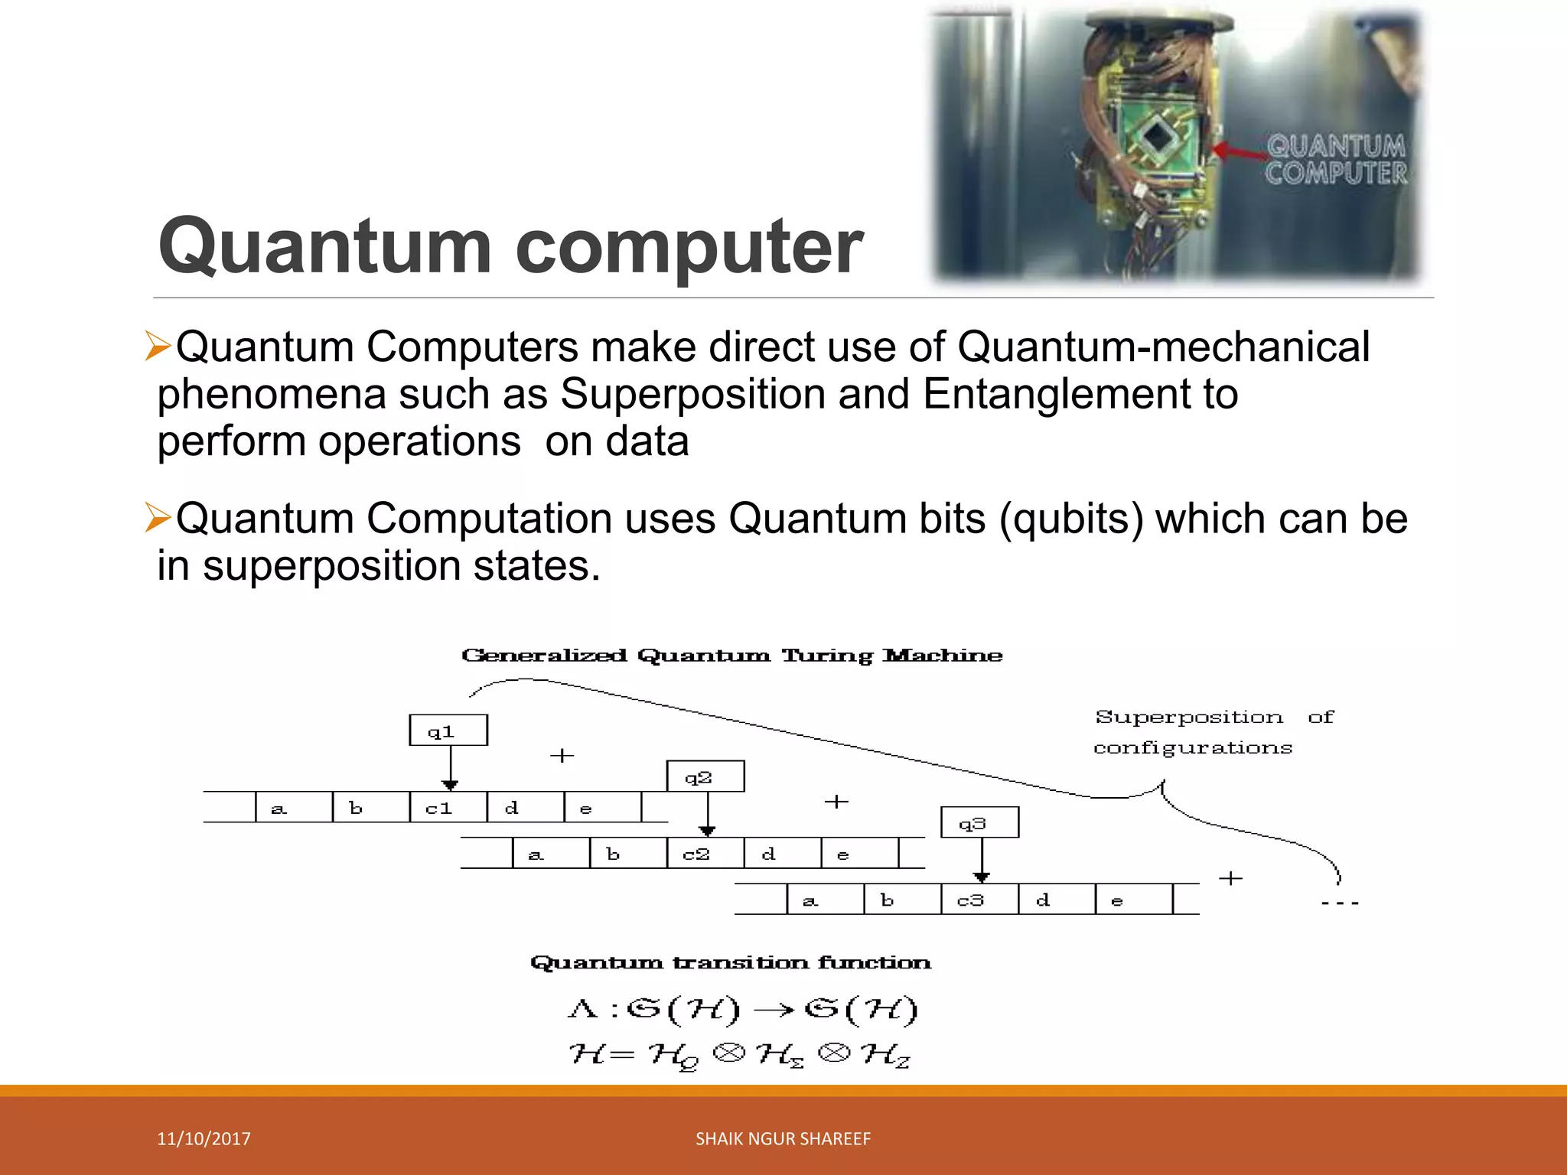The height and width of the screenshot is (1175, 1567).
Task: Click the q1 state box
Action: coord(448,731)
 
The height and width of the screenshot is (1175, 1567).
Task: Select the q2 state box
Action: coord(705,776)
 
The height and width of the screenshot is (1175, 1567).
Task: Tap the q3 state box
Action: coord(979,823)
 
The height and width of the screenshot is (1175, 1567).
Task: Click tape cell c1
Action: coord(448,808)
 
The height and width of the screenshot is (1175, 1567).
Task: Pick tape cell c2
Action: coord(705,854)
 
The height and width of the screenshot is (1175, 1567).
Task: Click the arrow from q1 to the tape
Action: coord(450,767)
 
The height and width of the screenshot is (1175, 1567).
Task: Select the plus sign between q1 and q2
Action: coord(562,756)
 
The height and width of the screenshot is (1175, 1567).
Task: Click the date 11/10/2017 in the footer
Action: coord(204,1138)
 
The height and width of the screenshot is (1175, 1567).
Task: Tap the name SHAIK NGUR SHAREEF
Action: coord(783,1138)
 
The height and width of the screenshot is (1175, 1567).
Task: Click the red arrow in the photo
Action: coord(1240,151)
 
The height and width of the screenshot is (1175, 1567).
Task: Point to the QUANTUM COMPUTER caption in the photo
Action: coord(1336,159)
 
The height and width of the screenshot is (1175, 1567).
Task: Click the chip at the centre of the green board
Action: coord(1157,138)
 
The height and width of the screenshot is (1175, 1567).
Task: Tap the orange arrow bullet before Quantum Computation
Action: coord(158,518)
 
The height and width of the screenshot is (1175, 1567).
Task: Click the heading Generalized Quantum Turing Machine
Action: coord(731,656)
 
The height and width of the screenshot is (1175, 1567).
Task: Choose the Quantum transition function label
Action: coord(731,962)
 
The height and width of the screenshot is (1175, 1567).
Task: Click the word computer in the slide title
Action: coord(689,246)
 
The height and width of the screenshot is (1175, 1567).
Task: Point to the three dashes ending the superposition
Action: coord(1340,903)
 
